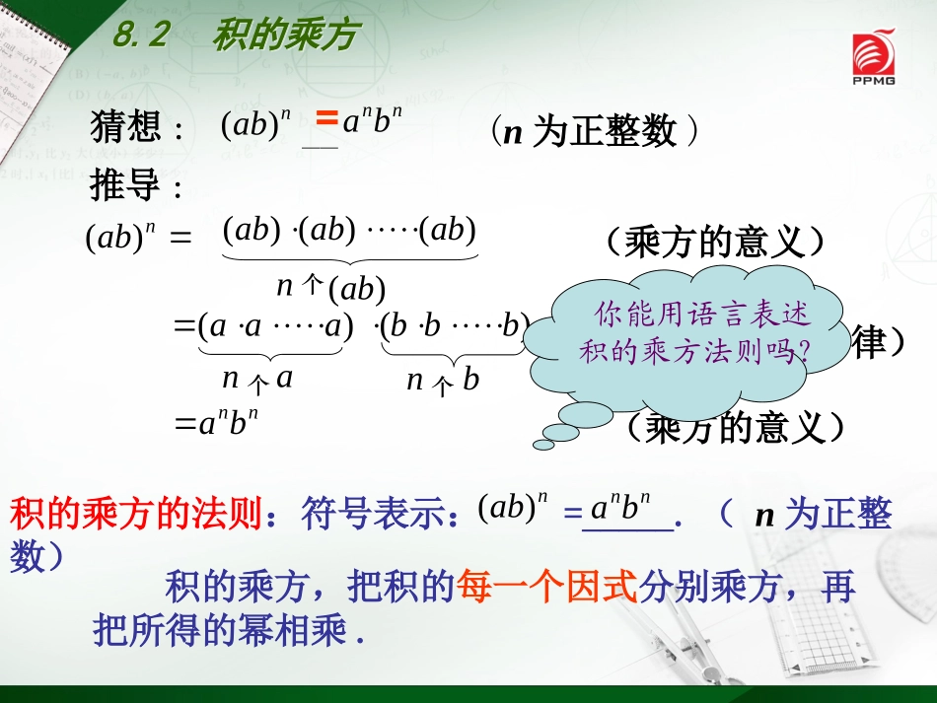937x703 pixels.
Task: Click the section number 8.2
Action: click(142, 36)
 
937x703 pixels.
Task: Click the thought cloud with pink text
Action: click(690, 332)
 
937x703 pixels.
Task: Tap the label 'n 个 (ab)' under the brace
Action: click(330, 288)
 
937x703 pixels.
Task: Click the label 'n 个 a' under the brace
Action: click(257, 379)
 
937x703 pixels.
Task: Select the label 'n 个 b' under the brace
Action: click(443, 380)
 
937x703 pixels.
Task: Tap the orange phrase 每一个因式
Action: click(546, 589)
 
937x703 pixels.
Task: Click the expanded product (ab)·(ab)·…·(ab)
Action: click(350, 231)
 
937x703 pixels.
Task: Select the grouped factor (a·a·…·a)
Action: click(275, 326)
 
